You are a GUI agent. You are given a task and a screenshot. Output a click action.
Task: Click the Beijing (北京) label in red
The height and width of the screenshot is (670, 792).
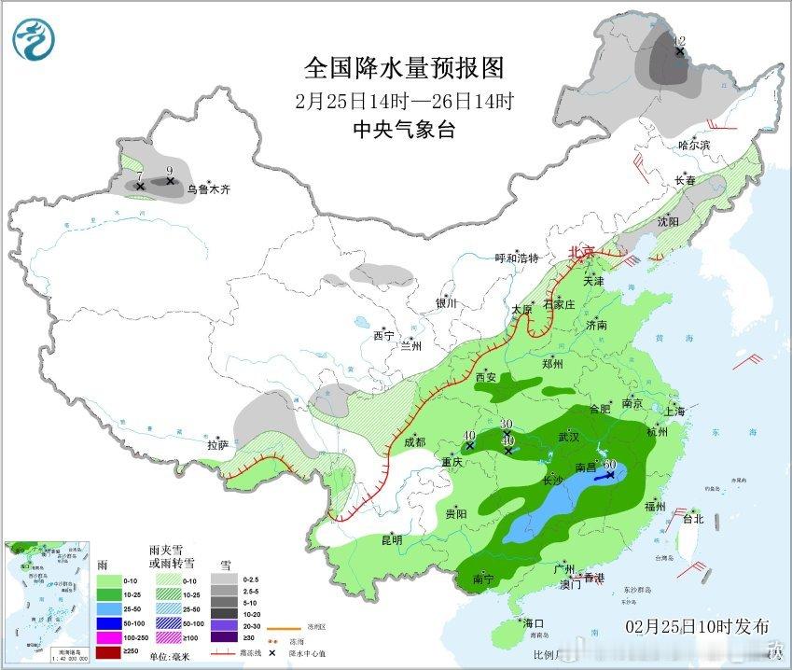pyautogui.click(x=582, y=252)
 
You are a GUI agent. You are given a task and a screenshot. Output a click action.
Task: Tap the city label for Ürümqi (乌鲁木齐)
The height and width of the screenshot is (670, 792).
pyautogui.click(x=207, y=189)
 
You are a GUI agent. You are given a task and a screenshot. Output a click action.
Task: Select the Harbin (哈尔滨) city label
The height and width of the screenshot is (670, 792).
pyautogui.click(x=694, y=146)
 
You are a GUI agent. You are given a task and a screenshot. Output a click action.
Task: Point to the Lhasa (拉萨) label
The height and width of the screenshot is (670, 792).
pyautogui.click(x=217, y=446)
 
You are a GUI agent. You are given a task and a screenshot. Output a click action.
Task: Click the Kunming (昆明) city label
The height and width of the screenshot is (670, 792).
pyautogui.click(x=391, y=540)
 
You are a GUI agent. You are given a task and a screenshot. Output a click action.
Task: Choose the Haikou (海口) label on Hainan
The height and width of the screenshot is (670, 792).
pyautogui.click(x=533, y=622)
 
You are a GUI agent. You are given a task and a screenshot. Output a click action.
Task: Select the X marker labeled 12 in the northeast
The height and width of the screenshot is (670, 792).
pyautogui.click(x=680, y=51)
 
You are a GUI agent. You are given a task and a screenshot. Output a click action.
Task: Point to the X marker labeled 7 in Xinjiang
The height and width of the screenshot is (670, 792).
pyautogui.click(x=140, y=187)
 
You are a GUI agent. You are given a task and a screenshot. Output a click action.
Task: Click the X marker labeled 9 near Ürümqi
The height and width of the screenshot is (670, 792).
pyautogui.click(x=170, y=181)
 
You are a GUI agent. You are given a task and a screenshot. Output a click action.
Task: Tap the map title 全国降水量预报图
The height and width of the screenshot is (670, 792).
pyautogui.click(x=404, y=68)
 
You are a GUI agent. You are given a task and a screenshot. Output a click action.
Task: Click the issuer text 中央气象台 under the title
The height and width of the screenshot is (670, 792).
pyautogui.click(x=404, y=130)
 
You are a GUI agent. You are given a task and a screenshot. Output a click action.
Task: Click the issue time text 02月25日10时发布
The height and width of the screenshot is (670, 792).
pyautogui.click(x=698, y=625)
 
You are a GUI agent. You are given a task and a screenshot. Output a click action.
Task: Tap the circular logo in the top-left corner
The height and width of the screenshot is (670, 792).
pyautogui.click(x=35, y=38)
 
